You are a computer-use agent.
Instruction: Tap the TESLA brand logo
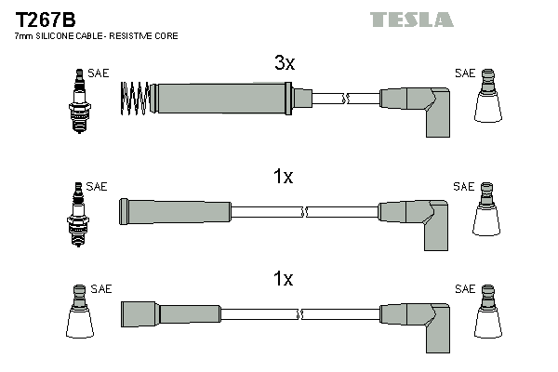click(x=411, y=20)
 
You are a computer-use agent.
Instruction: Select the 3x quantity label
click(x=284, y=64)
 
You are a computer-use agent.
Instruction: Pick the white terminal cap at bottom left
click(x=78, y=315)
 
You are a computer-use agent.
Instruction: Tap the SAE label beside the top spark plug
click(x=98, y=73)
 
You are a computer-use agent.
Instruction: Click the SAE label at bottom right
click(x=464, y=289)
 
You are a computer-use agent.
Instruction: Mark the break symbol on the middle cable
click(x=303, y=211)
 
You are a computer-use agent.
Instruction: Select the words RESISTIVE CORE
click(x=150, y=35)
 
